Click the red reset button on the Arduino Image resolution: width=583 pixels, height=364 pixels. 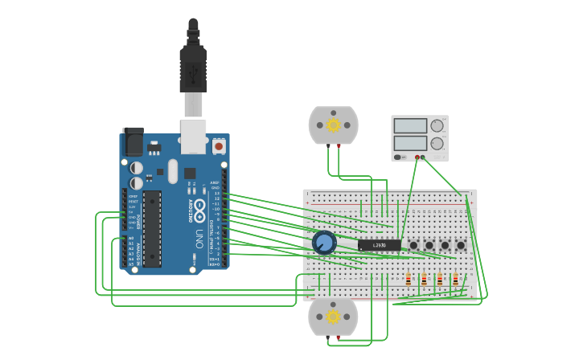(218, 146)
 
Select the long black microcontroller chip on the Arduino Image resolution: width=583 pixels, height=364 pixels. (152, 228)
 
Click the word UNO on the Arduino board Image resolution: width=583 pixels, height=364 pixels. (199, 239)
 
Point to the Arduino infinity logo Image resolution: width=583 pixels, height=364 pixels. (198, 211)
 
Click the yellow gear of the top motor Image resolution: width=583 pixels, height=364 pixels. (333, 125)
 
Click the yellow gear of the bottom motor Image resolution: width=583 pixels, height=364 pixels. (333, 317)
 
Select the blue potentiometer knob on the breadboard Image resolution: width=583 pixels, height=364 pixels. (324, 243)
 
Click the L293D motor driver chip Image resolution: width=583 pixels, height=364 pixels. (379, 245)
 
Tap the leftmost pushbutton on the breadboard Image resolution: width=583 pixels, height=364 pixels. (413, 245)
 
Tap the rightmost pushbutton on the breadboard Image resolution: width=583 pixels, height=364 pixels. (461, 245)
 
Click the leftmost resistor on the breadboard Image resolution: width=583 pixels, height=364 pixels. (409, 280)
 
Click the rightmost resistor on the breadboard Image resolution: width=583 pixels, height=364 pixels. (455, 280)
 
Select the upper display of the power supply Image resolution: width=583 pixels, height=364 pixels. (410, 126)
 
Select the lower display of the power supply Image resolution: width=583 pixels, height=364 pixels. (410, 143)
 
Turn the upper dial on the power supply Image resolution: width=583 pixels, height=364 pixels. (437, 125)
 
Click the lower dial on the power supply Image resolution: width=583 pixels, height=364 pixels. (437, 144)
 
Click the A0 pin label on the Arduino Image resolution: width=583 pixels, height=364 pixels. (131, 239)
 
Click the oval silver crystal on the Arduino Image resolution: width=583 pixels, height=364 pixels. (173, 170)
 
